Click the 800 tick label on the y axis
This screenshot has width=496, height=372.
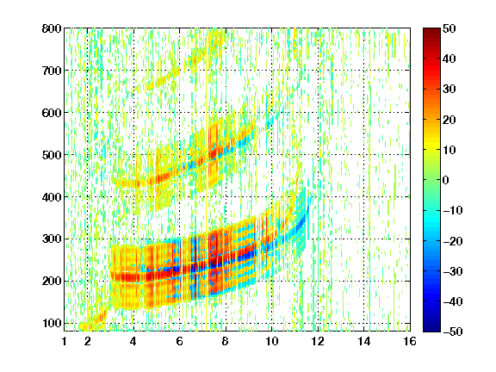coord(52,28)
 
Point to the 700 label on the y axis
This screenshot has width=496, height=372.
coord(52,71)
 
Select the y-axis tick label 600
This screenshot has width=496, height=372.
coord(52,113)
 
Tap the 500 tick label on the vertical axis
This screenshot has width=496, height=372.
coord(52,155)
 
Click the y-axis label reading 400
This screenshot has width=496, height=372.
coord(52,197)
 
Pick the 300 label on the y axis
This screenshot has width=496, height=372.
coord(52,239)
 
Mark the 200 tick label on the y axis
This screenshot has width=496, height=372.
coord(52,281)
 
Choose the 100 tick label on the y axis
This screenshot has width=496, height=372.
coord(52,323)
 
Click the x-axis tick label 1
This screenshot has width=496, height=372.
coord(65,341)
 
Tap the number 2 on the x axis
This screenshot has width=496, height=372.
coord(88,341)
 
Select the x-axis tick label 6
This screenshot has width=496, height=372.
coord(180,341)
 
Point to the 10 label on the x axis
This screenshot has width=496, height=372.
coord(272,341)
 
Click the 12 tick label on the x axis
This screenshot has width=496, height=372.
coord(318,341)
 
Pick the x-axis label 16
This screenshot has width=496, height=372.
coord(410,341)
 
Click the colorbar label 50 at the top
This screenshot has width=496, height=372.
coord(449,28)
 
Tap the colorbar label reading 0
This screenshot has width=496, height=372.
coord(446,180)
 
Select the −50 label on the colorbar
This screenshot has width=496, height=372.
coord(453,332)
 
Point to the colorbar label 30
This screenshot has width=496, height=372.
coord(449,89)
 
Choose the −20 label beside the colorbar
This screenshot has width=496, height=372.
coord(453,241)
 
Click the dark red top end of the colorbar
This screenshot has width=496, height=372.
coord(431,30)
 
